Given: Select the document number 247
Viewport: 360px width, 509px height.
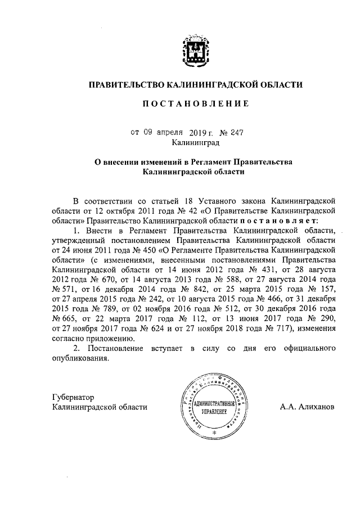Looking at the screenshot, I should click(x=236, y=133).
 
